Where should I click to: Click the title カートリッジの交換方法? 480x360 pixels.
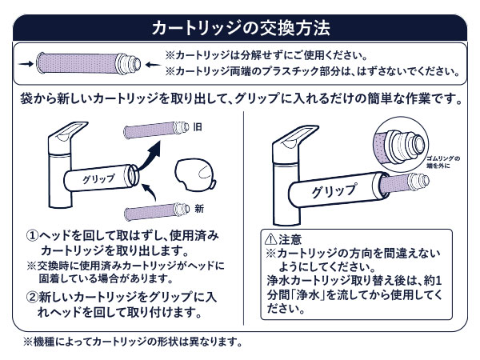tap(241, 26)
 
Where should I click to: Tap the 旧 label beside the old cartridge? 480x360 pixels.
tap(198, 127)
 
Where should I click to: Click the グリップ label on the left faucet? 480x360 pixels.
tap(98, 178)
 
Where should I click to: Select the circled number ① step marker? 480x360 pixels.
tap(32, 237)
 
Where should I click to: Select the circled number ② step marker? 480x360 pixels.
tap(32, 295)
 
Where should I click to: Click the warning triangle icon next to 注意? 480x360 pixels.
tap(270, 239)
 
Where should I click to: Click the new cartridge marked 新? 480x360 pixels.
tap(158, 212)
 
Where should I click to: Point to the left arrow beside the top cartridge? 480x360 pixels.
tap(25, 62)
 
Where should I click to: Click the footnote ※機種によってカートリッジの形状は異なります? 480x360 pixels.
tap(133, 342)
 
